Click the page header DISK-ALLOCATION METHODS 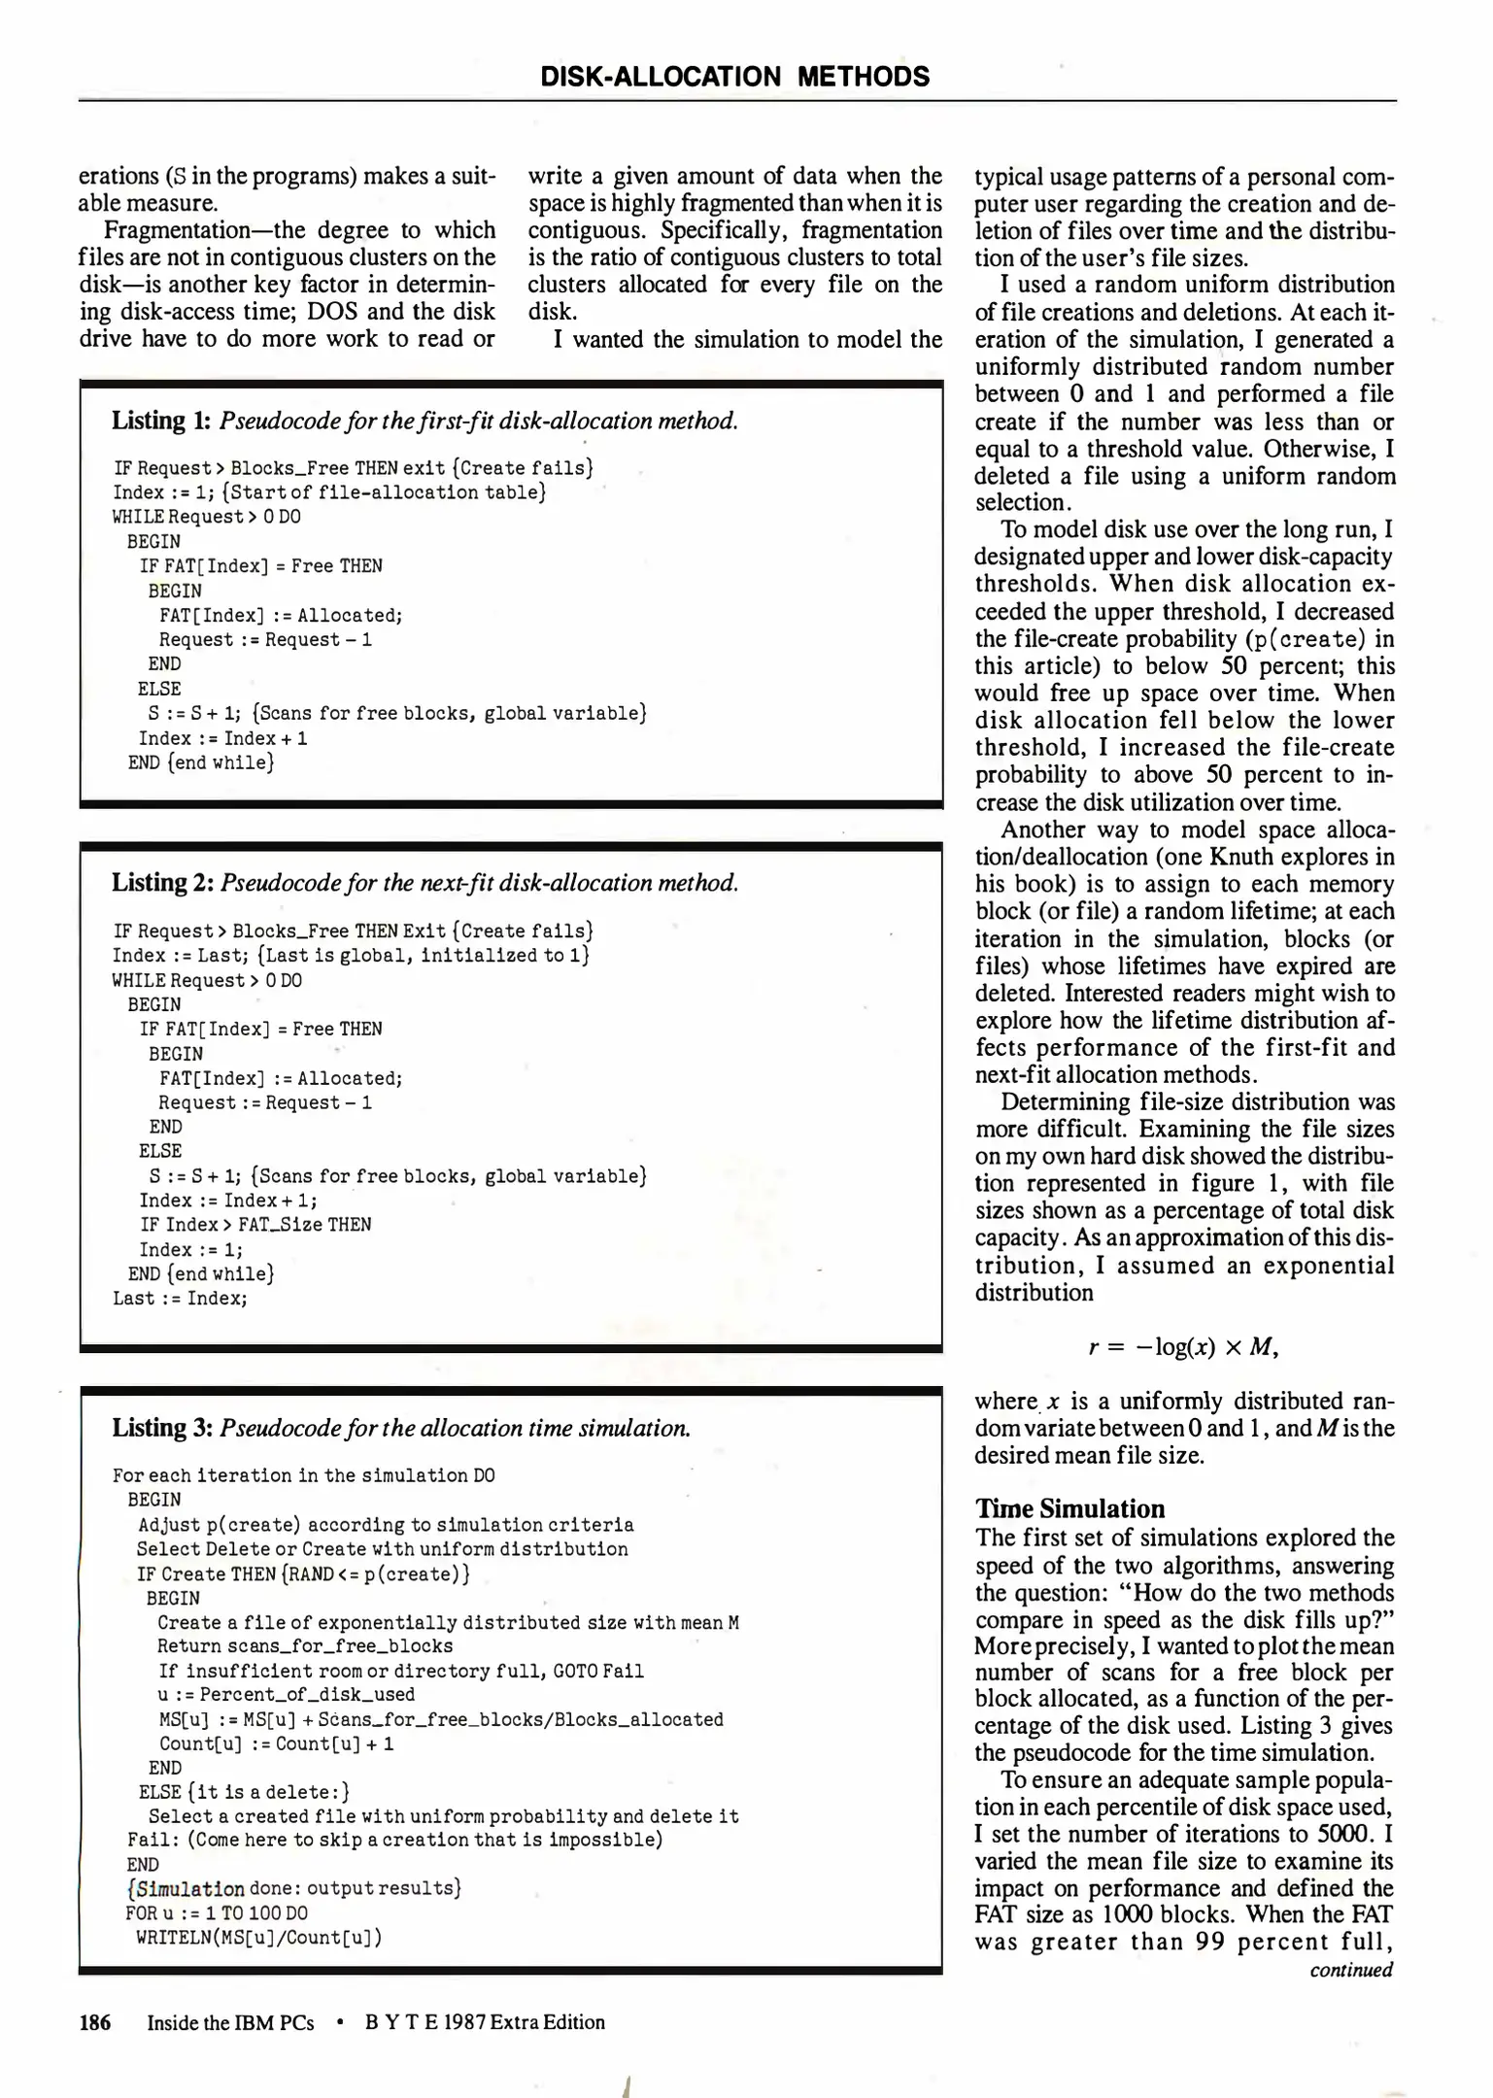pyautogui.click(x=734, y=77)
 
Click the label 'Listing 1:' pyautogui.click(x=161, y=421)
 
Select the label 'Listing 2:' pyautogui.click(x=162, y=883)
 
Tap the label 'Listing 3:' pyautogui.click(x=162, y=1428)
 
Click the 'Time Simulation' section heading pyautogui.click(x=1069, y=1508)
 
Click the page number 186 pyautogui.click(x=95, y=2022)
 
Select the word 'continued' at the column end pyautogui.click(x=1351, y=1970)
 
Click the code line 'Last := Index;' pyautogui.click(x=181, y=1299)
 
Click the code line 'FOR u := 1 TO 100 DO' pyautogui.click(x=217, y=1912)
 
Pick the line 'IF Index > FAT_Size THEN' pyautogui.click(x=255, y=1225)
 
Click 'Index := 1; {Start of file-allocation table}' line pyautogui.click(x=329, y=492)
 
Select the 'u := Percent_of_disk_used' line pyautogui.click(x=287, y=1694)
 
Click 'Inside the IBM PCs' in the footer pyautogui.click(x=230, y=2022)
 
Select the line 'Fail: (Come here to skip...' pyautogui.click(x=394, y=1840)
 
